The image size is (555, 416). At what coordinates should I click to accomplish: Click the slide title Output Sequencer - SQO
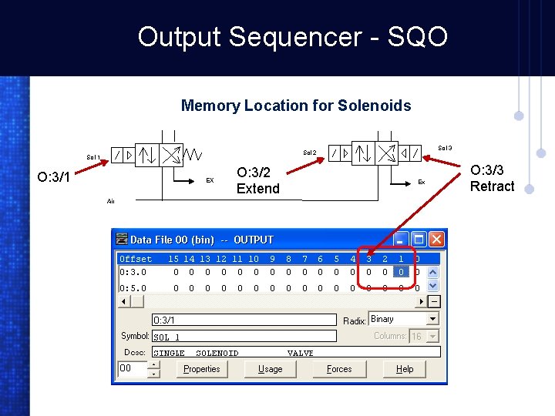click(x=292, y=36)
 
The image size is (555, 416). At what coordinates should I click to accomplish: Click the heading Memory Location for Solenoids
click(x=296, y=106)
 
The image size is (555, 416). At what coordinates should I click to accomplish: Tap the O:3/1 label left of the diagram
click(x=54, y=178)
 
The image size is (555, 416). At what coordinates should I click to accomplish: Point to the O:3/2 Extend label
click(x=258, y=180)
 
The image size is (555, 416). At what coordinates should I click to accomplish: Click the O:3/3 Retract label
click(x=492, y=178)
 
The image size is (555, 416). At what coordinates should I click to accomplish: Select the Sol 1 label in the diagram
click(x=93, y=157)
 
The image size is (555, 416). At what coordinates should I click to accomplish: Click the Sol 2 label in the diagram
click(x=309, y=153)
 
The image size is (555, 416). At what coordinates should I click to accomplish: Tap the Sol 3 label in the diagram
click(x=445, y=148)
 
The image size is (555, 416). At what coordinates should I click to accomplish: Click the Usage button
click(x=270, y=369)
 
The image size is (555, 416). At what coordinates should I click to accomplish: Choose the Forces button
click(x=339, y=369)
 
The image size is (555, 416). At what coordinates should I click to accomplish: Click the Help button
click(x=405, y=369)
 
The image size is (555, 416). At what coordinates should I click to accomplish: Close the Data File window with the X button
click(x=436, y=240)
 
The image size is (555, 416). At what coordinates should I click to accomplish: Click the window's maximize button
click(x=419, y=240)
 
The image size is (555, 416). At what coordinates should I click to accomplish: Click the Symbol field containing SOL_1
click(x=244, y=337)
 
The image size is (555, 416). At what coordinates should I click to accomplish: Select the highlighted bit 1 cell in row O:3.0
click(x=401, y=271)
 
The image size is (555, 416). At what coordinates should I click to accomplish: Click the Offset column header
click(x=136, y=259)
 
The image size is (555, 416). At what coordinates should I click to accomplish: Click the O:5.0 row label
click(x=133, y=287)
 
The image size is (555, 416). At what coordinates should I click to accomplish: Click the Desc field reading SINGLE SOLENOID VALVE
click(x=296, y=353)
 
